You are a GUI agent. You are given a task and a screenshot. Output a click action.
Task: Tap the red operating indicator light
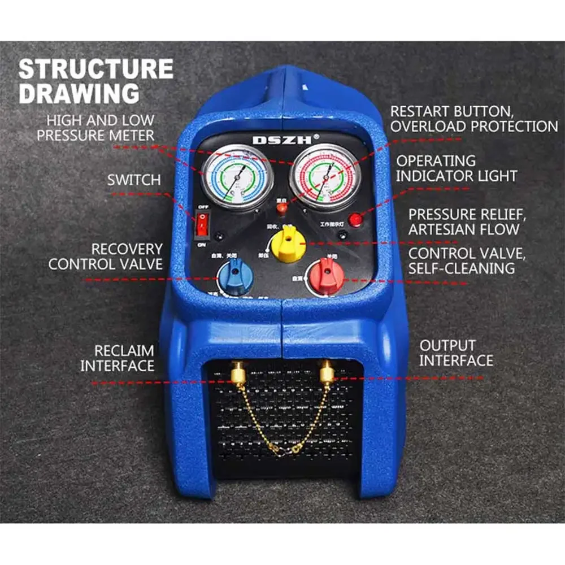pyautogui.click(x=355, y=219)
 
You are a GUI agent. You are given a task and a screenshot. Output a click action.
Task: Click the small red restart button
pyautogui.click(x=281, y=209)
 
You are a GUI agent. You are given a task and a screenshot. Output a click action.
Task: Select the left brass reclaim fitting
pyautogui.click(x=240, y=372)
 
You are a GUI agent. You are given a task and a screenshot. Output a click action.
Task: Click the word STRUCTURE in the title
pyautogui.click(x=96, y=68)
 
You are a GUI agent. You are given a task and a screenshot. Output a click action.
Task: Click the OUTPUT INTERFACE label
pyautogui.click(x=456, y=353)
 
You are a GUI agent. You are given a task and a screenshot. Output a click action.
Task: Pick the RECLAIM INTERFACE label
pyautogui.click(x=117, y=358)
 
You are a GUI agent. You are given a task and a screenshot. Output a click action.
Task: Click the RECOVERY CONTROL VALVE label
pyautogui.click(x=105, y=257)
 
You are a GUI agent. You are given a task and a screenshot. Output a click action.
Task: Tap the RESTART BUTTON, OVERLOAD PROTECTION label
pyautogui.click(x=473, y=119)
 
